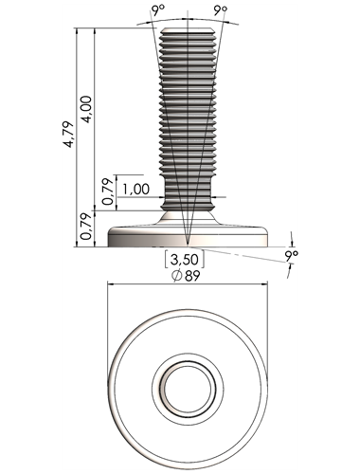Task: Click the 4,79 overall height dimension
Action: (68, 135)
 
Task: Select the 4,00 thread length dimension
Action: (86, 109)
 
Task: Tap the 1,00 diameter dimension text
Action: (135, 189)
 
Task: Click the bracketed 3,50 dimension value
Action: (185, 260)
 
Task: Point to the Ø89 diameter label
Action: (186, 276)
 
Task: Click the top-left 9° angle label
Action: (158, 10)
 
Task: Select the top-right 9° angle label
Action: (221, 10)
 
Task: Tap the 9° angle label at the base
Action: (291, 255)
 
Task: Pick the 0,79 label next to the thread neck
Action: (108, 191)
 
